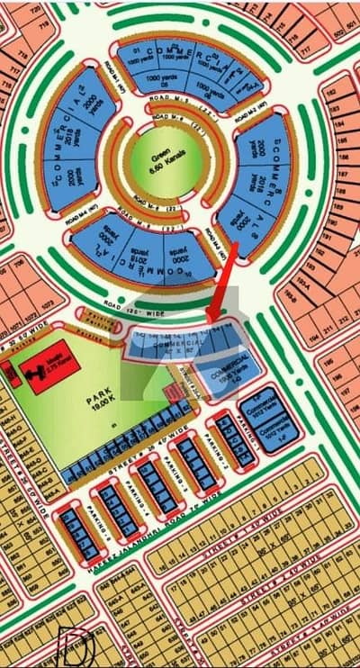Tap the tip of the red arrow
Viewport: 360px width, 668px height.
tap(209, 320)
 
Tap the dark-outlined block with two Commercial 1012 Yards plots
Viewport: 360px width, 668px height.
tap(265, 422)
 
